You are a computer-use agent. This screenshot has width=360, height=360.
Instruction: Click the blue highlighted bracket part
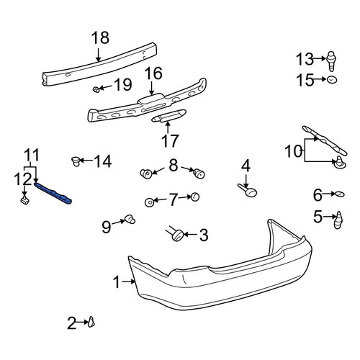(53, 193)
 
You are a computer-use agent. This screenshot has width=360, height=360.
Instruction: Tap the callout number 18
(100, 38)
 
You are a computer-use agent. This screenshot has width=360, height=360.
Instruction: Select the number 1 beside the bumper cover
(117, 282)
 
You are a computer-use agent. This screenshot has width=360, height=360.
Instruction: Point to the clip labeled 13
(331, 61)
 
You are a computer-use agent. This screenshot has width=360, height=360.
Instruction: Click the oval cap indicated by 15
(332, 79)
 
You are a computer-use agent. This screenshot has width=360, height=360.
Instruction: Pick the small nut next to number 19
(96, 90)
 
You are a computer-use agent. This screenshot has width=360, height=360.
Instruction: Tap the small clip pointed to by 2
(91, 322)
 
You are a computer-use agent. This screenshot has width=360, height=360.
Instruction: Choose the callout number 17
(170, 141)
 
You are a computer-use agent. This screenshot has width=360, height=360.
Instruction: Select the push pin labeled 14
(76, 161)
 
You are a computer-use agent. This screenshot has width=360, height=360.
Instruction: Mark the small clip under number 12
(25, 199)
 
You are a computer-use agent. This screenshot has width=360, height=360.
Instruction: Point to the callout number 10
(293, 151)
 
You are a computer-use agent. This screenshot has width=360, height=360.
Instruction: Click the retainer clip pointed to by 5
(338, 220)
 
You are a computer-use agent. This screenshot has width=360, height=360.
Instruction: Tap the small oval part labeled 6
(339, 194)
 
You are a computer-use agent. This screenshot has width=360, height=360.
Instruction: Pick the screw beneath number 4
(248, 189)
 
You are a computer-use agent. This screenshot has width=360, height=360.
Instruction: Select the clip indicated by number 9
(130, 219)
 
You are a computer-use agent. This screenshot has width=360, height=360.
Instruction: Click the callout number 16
(153, 73)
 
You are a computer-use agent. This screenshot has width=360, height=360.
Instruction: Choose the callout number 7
(173, 200)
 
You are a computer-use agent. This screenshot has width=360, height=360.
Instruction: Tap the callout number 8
(174, 166)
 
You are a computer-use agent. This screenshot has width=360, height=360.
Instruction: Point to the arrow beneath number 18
(98, 55)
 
